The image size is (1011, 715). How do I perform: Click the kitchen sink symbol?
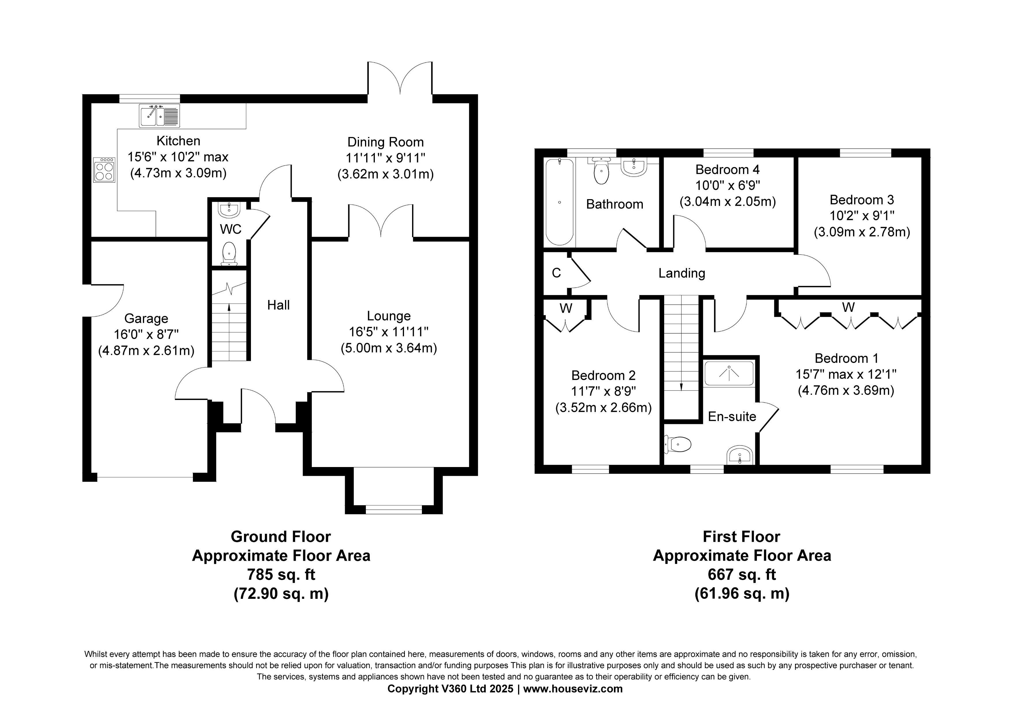point(159,116)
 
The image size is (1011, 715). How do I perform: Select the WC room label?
point(230,229)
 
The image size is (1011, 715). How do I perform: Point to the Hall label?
point(278,305)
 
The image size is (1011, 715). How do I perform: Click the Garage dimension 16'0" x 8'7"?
point(146,335)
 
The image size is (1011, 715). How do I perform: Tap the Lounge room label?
point(389,316)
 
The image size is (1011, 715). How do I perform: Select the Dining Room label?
point(385,142)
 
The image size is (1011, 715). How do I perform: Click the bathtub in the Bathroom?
point(559,202)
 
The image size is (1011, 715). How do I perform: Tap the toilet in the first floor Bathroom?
point(601,172)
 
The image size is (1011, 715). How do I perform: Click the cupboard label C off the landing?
point(556,273)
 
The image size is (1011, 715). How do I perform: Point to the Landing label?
point(682,273)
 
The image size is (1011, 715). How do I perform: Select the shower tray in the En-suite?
point(729,374)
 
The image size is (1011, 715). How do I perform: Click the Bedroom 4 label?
point(727,170)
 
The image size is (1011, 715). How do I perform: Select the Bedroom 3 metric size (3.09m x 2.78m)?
point(861,232)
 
